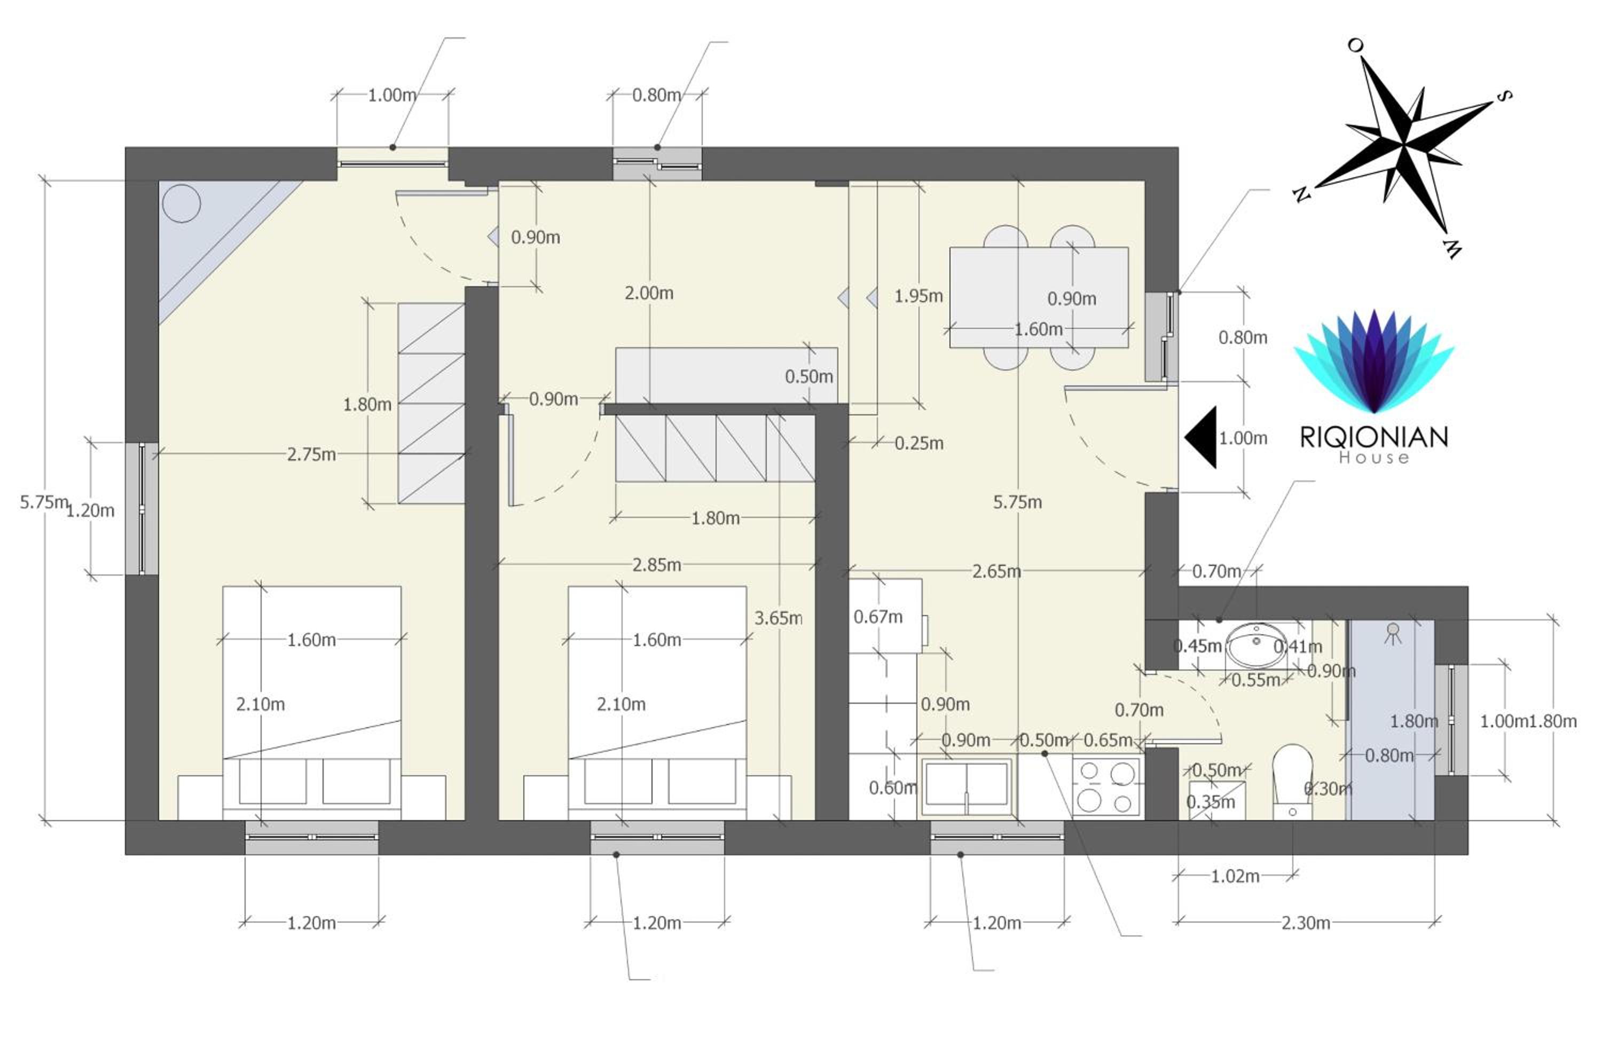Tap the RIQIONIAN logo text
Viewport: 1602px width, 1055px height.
(1374, 437)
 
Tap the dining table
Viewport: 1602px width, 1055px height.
(1039, 297)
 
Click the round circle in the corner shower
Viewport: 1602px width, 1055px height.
(181, 202)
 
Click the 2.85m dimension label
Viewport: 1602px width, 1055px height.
(656, 564)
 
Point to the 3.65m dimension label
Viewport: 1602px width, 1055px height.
(778, 618)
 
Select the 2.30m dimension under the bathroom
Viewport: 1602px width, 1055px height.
(1306, 923)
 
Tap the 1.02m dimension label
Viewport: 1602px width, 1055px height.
(1235, 876)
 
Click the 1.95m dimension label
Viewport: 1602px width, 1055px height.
(918, 296)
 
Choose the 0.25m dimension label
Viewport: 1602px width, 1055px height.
(919, 443)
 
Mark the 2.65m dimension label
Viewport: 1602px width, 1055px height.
(996, 571)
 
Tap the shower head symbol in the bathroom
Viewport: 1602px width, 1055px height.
(1393, 633)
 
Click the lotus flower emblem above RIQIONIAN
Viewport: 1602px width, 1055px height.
(1374, 361)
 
